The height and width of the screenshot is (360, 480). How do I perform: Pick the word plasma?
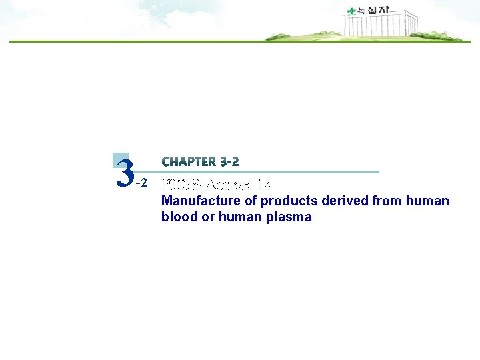(287, 217)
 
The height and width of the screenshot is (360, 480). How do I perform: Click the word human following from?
(428, 201)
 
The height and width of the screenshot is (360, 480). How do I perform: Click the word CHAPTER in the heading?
(189, 162)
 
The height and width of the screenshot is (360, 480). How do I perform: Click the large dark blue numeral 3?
(124, 173)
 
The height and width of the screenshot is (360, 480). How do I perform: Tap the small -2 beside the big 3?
(141, 183)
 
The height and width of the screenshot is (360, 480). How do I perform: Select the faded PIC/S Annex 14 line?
(217, 184)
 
